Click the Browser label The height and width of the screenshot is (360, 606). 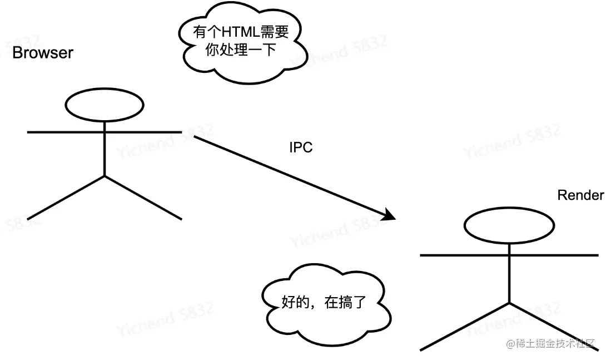[x=43, y=53]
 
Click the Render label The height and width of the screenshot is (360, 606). [x=580, y=195]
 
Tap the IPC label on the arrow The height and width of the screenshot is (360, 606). [x=301, y=147]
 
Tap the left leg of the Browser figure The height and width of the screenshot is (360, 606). [x=66, y=198]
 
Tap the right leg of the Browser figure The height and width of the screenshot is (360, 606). [x=143, y=198]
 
